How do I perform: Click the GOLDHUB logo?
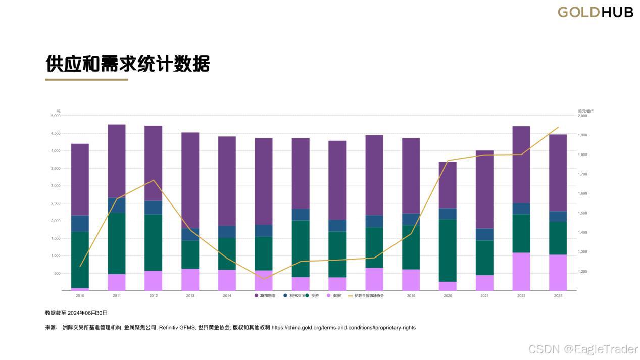coord(595,12)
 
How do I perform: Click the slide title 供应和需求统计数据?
coord(127,64)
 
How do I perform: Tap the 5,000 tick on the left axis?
coord(56,116)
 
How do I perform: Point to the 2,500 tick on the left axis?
coord(56,203)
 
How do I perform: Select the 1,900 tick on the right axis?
coord(582,135)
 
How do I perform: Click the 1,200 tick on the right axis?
coord(582,272)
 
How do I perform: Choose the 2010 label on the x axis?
coord(80,296)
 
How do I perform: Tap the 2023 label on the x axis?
coord(558,296)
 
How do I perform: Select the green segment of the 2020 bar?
coord(448,250)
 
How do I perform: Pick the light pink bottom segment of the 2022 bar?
coord(521,272)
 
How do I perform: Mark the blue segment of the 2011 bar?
coord(117,205)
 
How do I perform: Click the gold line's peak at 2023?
coord(558,127)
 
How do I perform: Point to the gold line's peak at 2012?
coord(154,180)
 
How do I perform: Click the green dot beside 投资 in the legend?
coord(307,295)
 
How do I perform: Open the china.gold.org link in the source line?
coord(343,328)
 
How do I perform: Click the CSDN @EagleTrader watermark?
coord(582,349)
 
